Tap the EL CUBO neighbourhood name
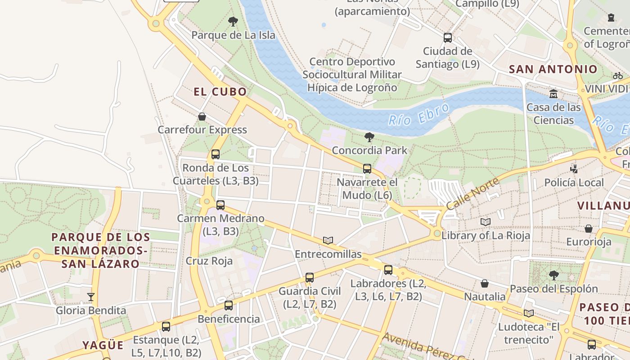coord(220,92)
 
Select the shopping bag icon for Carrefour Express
coord(202,117)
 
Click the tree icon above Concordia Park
coord(369,137)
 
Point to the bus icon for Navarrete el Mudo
coord(367,169)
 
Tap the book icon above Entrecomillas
coord(328,240)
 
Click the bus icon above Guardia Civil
coord(310,278)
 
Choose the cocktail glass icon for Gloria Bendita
coord(91,297)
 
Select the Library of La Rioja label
coord(486,235)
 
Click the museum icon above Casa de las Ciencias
coord(553,94)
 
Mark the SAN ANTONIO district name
coord(553,69)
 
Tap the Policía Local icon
coord(574,169)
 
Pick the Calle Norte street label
coord(472,193)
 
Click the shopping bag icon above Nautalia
coord(485,283)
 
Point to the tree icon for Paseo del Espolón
coord(553,275)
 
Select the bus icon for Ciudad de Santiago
coord(447,37)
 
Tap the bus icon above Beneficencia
coord(229,306)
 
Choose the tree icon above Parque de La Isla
coord(233,21)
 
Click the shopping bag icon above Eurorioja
coord(588,229)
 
